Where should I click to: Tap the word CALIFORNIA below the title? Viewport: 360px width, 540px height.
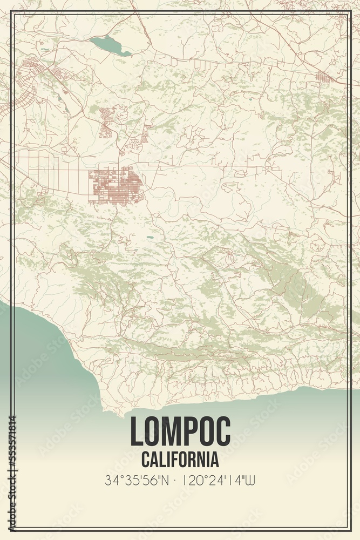[x=180, y=460]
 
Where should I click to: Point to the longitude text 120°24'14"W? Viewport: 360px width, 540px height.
[x=218, y=479]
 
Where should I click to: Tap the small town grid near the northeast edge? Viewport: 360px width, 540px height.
[x=324, y=77]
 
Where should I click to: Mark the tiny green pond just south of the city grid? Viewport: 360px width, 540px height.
[x=148, y=237]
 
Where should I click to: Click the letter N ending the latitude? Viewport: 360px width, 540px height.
[x=165, y=479]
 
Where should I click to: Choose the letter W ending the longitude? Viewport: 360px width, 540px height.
[x=250, y=479]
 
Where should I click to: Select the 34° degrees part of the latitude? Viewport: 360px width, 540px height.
[x=113, y=479]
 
